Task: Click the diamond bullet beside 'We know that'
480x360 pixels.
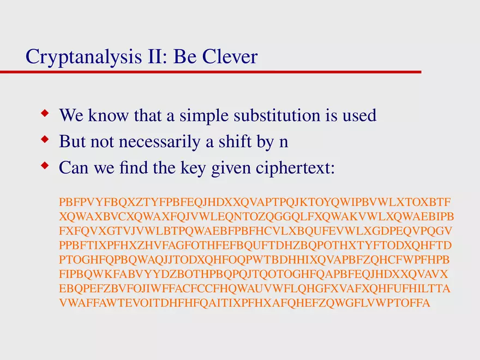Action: coord(45,113)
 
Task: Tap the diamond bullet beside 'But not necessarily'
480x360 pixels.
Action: coord(45,140)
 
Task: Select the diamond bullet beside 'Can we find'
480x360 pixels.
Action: coord(45,166)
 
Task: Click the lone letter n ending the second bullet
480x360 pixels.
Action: coord(283,143)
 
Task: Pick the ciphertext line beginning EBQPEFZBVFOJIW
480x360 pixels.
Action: coord(255,288)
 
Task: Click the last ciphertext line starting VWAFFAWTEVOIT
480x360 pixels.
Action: coord(244,303)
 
